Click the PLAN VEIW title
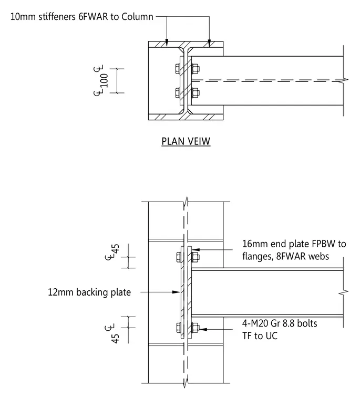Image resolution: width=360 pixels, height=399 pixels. [x=186, y=141]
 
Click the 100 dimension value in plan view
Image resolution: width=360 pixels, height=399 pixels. [x=104, y=81]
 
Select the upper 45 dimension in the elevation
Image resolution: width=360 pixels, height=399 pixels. [x=116, y=249]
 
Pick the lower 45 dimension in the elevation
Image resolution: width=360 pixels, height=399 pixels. [x=116, y=339]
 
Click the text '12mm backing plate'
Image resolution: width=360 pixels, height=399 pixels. [x=89, y=292]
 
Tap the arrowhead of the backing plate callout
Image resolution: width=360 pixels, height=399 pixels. [x=176, y=292]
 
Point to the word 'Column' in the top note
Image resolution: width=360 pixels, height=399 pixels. [x=137, y=17]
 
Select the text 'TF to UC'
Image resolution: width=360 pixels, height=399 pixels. [x=260, y=336]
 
